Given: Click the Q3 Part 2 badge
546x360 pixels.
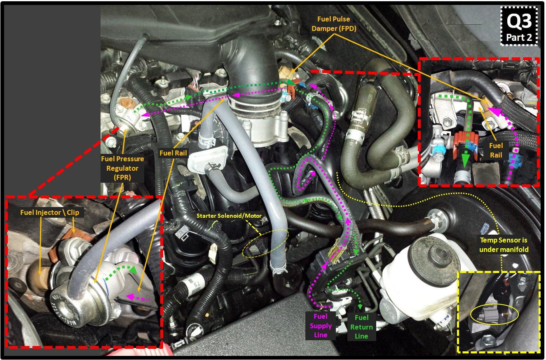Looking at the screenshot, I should pos(519,26).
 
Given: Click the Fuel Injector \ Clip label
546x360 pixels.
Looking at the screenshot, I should pos(49,212).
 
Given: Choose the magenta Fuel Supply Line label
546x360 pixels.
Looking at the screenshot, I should pos(321,325).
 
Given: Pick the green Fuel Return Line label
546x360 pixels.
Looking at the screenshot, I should pos(361,327).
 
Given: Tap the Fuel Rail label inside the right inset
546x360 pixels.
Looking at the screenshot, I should pos(495,150).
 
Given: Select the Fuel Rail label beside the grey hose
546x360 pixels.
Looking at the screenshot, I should pos(173,153).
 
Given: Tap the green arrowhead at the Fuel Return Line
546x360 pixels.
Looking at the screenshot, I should pos(361,306).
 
